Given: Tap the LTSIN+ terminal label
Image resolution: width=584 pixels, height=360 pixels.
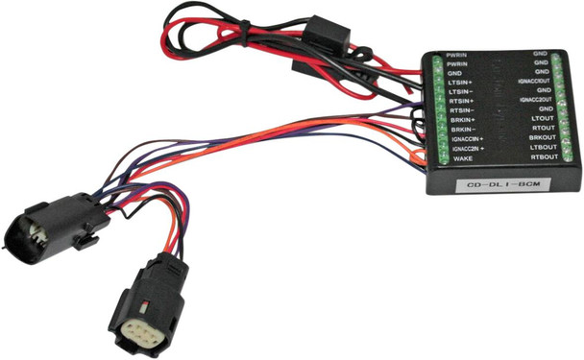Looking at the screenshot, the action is tap(463, 84).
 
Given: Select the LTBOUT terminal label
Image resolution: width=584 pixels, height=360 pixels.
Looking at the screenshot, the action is tap(543, 148).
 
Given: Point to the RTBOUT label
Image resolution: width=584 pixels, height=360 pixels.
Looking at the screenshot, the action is tap(543, 157).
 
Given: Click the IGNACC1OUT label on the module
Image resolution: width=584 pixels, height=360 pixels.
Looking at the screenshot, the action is tap(534, 81).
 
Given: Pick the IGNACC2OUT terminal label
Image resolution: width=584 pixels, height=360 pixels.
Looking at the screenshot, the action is tap(534, 100).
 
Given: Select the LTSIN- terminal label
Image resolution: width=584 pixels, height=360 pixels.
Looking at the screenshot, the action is tap(463, 93).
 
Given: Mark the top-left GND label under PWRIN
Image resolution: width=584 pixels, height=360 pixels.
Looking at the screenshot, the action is tap(456, 73).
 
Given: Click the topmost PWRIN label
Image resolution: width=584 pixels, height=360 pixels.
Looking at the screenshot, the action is tap(457, 54).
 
